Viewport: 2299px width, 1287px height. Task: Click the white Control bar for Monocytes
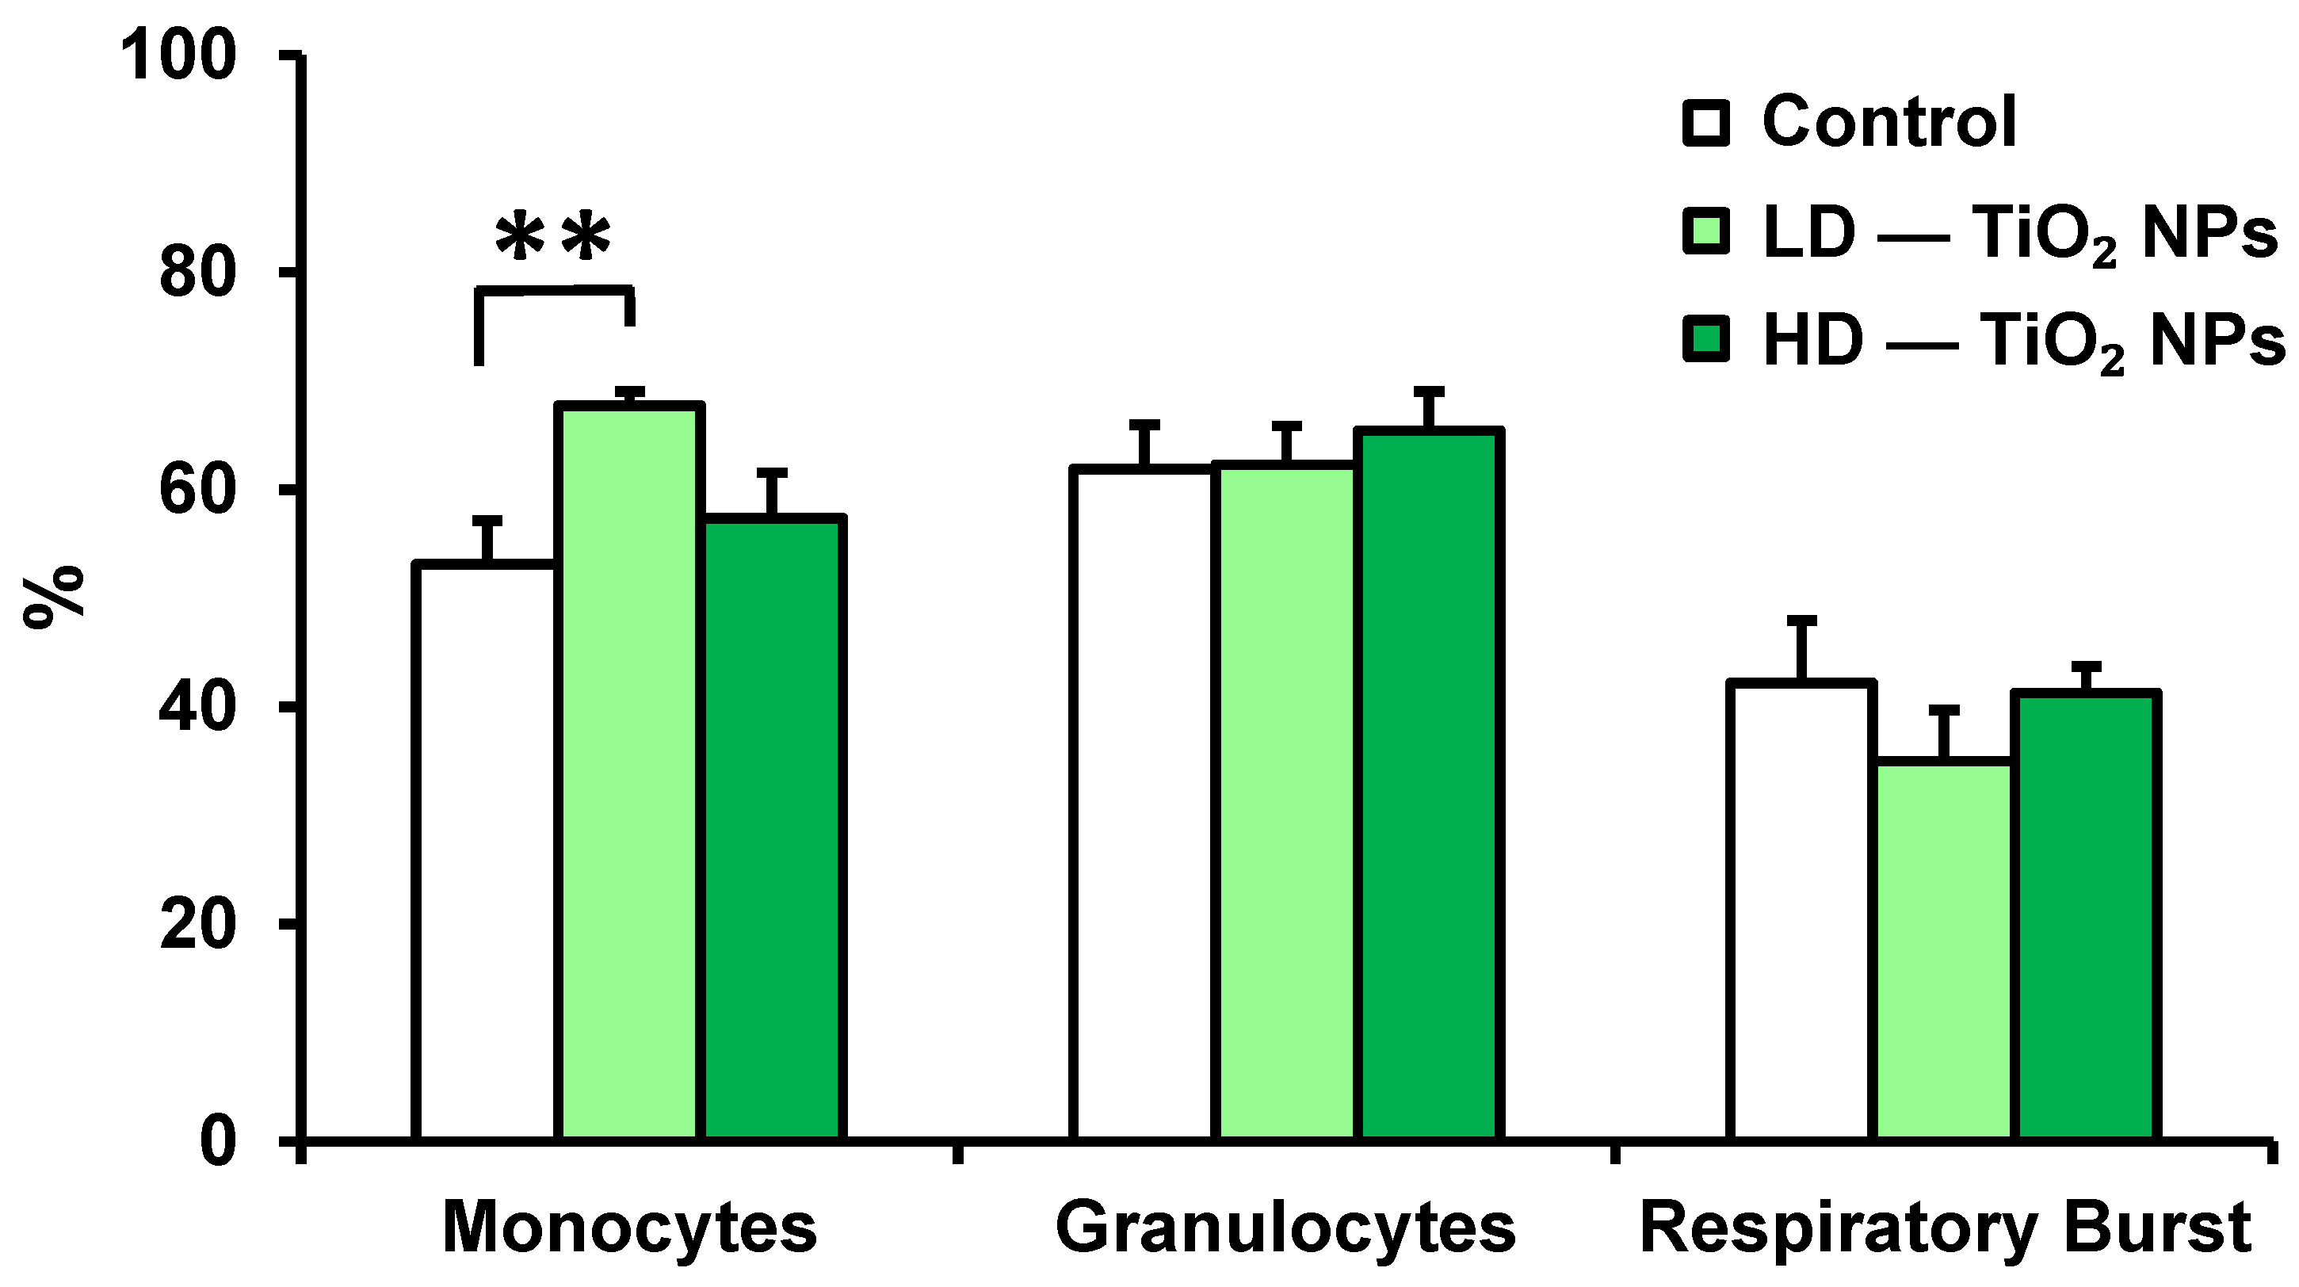tap(487, 853)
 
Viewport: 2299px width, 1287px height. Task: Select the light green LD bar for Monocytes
tap(629, 772)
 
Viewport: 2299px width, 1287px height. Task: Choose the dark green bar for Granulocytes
tap(1428, 785)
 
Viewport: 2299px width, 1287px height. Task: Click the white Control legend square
tap(1705, 123)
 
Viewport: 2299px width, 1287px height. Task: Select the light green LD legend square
tap(1705, 231)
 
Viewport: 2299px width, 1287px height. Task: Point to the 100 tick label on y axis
tap(178, 55)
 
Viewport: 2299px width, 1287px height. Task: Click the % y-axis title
tap(54, 596)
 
